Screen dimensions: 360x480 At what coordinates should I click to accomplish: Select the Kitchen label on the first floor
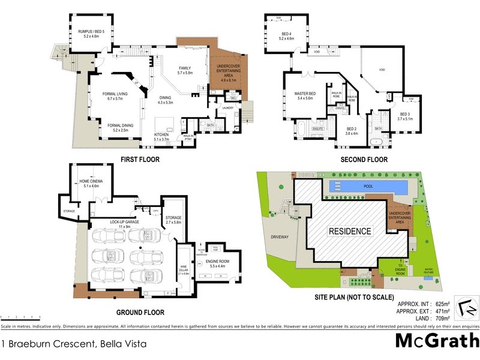click(162, 135)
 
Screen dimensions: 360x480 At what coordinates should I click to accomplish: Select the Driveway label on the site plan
click(280, 237)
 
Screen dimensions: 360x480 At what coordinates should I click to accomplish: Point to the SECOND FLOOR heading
click(364, 160)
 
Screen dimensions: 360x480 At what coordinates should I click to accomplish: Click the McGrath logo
click(436, 340)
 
